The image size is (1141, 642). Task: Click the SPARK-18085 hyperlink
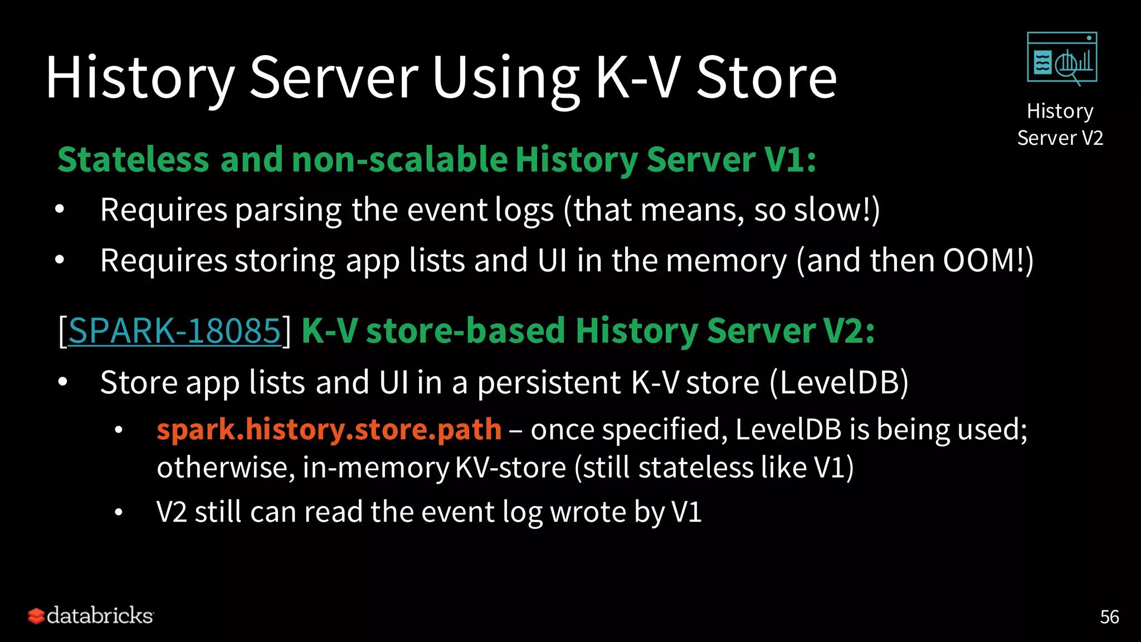(174, 330)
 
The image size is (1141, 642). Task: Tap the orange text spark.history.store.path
(329, 429)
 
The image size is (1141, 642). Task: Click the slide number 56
(1109, 617)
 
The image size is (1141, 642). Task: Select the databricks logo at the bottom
(91, 616)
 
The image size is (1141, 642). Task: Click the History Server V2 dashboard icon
(1062, 59)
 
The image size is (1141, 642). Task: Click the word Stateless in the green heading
(133, 160)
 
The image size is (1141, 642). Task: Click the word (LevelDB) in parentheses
(838, 382)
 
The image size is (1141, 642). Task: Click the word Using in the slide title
(505, 78)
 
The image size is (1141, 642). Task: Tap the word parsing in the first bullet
(288, 210)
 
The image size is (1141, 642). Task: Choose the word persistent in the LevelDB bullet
(549, 382)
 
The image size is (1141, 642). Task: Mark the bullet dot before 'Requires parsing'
(60, 210)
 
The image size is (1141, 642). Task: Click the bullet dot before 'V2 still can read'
(118, 512)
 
